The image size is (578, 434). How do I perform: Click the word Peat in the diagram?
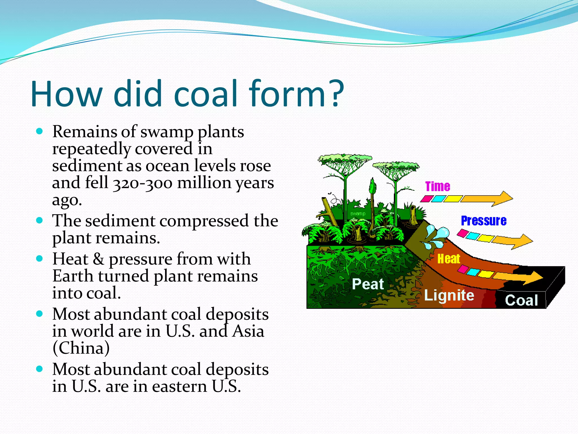(x=368, y=284)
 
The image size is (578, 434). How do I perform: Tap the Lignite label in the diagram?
(x=449, y=296)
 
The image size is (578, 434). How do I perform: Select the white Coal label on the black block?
(x=521, y=300)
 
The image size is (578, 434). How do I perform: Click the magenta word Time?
(x=437, y=186)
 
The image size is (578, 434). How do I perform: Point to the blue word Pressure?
(x=483, y=221)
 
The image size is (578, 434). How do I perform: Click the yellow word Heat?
(x=448, y=259)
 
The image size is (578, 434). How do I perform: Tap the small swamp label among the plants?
(x=358, y=214)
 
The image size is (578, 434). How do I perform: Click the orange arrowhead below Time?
(x=504, y=199)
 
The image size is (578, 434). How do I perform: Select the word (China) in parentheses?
(x=81, y=348)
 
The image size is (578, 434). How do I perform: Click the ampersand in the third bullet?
(x=98, y=259)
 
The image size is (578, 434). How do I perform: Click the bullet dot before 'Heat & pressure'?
(x=40, y=259)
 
